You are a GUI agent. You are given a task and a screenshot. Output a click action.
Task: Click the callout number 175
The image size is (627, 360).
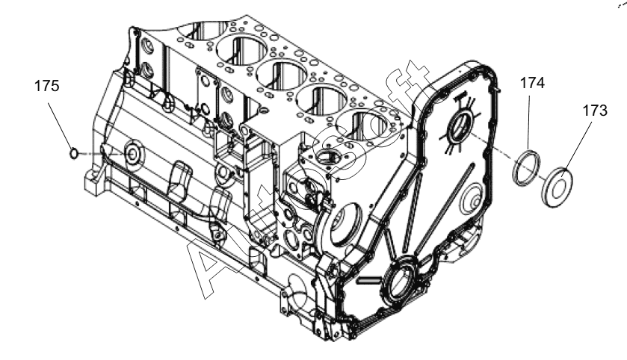(x=47, y=86)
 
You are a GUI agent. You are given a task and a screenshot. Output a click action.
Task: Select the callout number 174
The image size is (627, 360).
(x=532, y=83)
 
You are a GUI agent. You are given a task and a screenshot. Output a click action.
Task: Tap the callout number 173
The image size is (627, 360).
(x=595, y=111)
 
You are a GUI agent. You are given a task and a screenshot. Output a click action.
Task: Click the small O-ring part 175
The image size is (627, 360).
(x=73, y=153)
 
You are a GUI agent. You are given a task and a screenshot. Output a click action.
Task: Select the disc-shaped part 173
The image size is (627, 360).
(x=559, y=187)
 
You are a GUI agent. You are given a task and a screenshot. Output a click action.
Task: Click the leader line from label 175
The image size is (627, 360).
(x=61, y=125)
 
